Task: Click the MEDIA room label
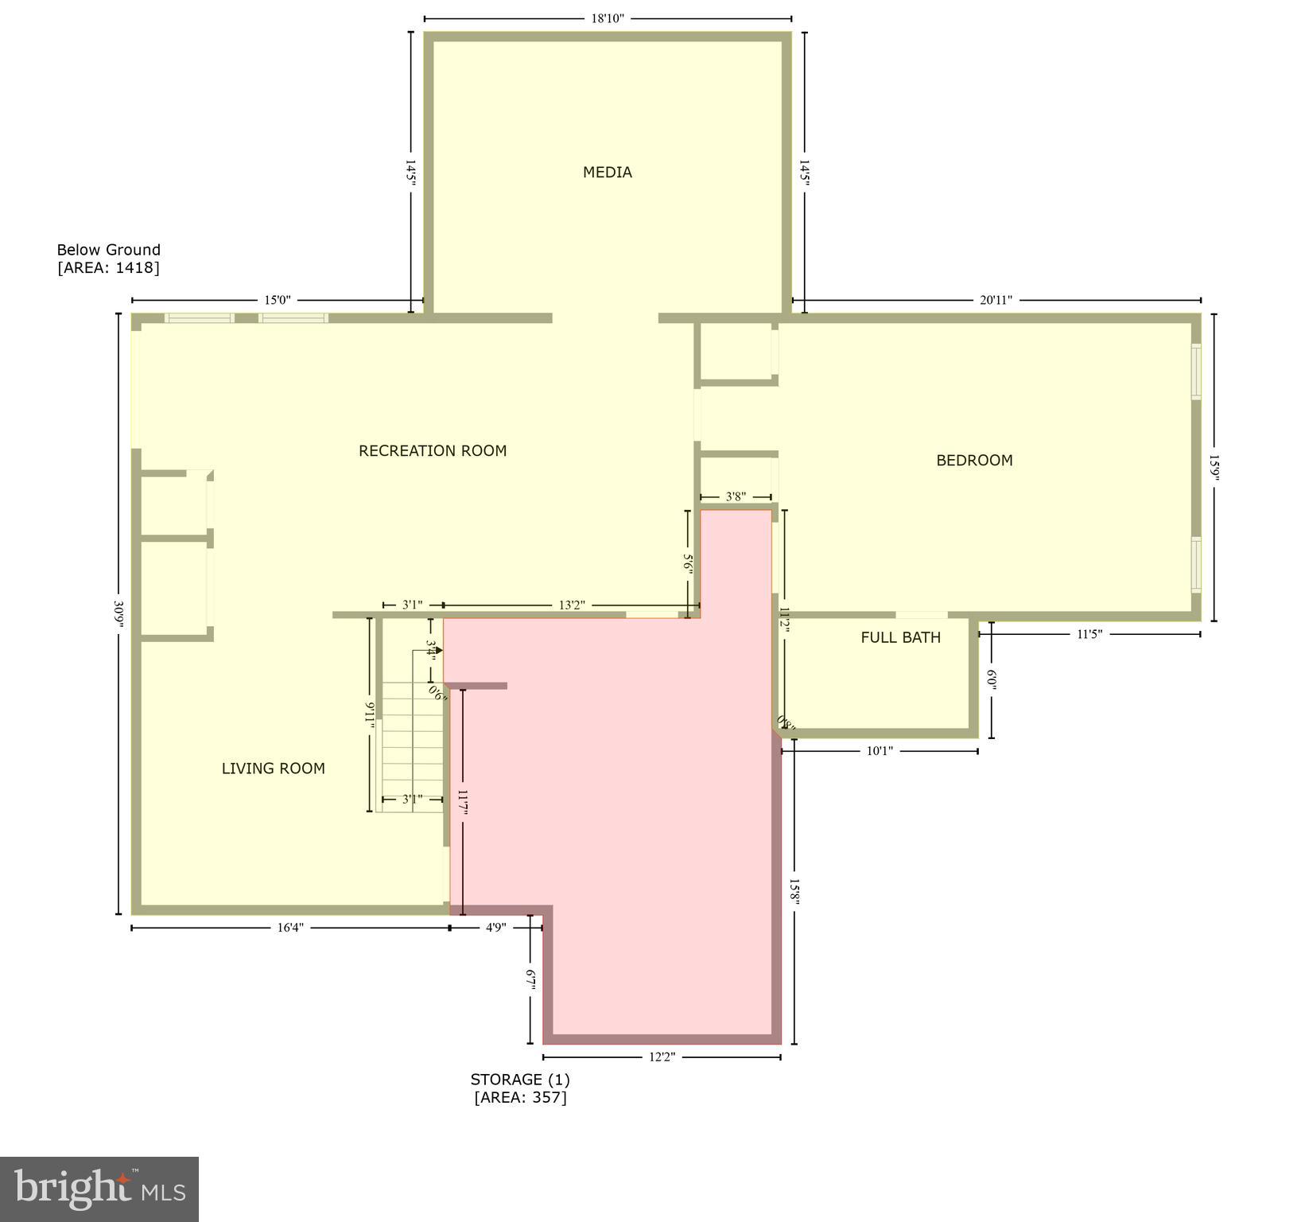(x=607, y=172)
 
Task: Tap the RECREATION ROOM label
(x=433, y=450)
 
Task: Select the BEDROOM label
(x=974, y=460)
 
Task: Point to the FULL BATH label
(x=900, y=637)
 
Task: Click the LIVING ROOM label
(x=273, y=769)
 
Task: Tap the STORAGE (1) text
(x=520, y=1080)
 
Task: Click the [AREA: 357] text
(x=520, y=1098)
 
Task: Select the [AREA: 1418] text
(x=108, y=267)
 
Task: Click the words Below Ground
(x=108, y=250)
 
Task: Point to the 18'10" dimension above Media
(x=608, y=18)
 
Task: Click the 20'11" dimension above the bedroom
(x=996, y=300)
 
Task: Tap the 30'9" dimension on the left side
(x=119, y=614)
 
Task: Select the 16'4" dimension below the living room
(x=290, y=927)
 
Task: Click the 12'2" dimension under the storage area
(x=662, y=1057)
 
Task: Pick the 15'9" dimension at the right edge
(x=1214, y=468)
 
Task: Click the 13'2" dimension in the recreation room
(x=571, y=605)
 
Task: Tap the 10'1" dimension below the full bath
(x=880, y=750)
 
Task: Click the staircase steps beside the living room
(x=411, y=756)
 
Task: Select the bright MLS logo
(x=99, y=1189)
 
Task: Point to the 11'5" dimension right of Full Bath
(x=1089, y=634)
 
